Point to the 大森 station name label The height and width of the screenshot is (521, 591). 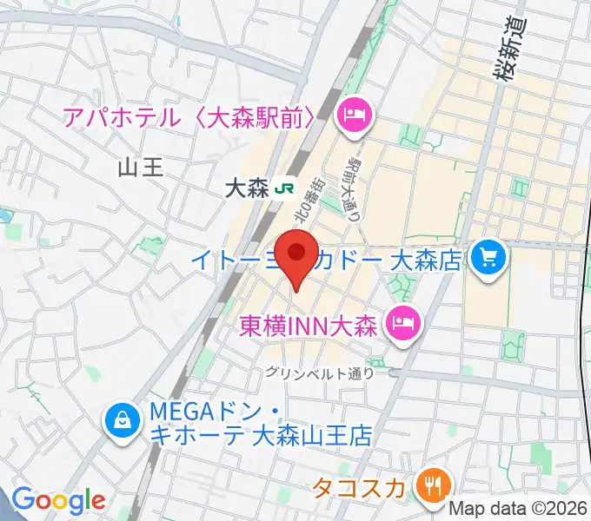246,188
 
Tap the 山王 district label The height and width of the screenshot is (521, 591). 140,168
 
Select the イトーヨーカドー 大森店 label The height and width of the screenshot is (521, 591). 351,258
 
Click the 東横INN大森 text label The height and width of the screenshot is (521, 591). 307,326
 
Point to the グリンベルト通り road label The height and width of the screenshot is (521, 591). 322,373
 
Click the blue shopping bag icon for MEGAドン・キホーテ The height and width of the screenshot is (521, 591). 123,422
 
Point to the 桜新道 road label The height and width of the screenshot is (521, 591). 510,51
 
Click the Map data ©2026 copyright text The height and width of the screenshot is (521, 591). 519,508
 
